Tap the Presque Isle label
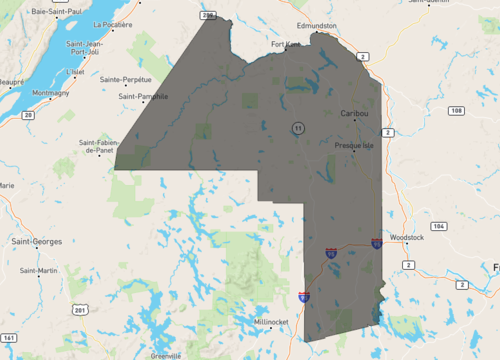[x=352, y=145]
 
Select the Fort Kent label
[x=286, y=45]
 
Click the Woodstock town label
[x=408, y=237]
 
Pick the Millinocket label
[x=272, y=322]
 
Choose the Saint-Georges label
[x=36, y=241]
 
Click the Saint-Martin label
[x=40, y=270]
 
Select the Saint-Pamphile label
[x=143, y=96]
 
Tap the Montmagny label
[x=51, y=93]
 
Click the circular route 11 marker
[x=298, y=128]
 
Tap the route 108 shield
[x=457, y=109]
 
